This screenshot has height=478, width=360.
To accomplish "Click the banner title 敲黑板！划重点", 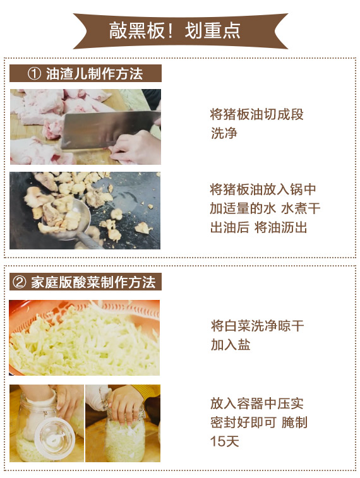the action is [175, 31].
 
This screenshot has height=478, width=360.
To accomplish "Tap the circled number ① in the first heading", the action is [34, 73].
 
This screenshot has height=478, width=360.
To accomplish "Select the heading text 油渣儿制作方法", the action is [94, 73].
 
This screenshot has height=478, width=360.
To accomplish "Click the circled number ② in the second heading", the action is [19, 282].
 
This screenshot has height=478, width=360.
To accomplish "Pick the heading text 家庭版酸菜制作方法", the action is [93, 282].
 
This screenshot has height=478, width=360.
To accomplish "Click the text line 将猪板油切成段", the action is [256, 114].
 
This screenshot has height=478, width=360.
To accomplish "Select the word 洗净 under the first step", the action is [224, 133].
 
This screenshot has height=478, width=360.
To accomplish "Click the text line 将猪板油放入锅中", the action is [263, 189].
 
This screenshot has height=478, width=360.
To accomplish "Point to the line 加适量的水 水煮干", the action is [265, 208].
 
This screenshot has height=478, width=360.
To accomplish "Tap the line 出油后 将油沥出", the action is [258, 227].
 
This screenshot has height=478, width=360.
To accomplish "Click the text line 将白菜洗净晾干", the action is [257, 326].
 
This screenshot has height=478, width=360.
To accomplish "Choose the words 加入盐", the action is [231, 345].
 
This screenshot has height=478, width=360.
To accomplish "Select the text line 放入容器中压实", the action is [256, 403].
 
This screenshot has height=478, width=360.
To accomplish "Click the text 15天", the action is [224, 441].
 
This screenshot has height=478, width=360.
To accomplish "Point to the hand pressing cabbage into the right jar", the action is [126, 405].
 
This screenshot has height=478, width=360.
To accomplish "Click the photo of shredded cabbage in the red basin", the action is [85, 337].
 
